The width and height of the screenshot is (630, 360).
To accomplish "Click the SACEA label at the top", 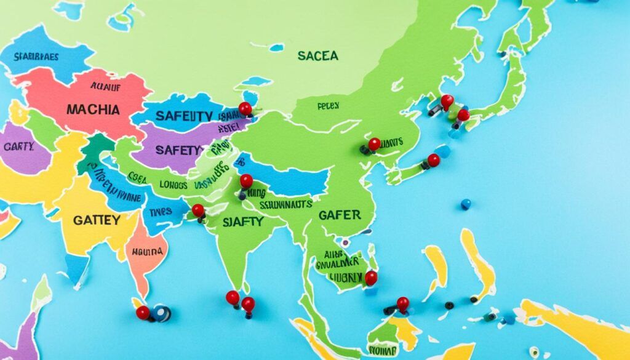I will [x=317, y=56].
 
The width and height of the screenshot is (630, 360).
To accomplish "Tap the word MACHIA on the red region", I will [x=93, y=110].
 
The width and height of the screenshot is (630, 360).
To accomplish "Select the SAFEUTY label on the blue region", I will [x=184, y=116].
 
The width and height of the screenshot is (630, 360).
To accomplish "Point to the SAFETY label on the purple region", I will [x=179, y=150].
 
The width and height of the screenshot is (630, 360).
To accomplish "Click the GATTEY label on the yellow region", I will [x=97, y=220].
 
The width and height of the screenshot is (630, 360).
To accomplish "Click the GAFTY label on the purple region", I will [x=18, y=147].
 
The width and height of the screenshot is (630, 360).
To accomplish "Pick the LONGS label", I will [x=173, y=184].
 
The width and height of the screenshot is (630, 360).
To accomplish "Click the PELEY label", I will [x=328, y=106].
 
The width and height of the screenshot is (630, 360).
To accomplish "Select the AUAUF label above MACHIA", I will [x=105, y=88].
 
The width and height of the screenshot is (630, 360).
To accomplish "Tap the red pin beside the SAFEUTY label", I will [x=245, y=109].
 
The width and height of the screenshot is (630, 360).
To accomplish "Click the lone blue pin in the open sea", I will [x=466, y=204].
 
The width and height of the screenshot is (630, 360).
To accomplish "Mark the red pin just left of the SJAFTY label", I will [x=198, y=210].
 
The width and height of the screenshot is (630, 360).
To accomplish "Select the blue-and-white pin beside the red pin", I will [x=162, y=313].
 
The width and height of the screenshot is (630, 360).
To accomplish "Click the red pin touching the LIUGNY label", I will [x=370, y=278].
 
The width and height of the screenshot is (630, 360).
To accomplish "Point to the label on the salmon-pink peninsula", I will [x=146, y=252].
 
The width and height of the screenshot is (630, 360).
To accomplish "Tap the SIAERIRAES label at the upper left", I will [x=36, y=57].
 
